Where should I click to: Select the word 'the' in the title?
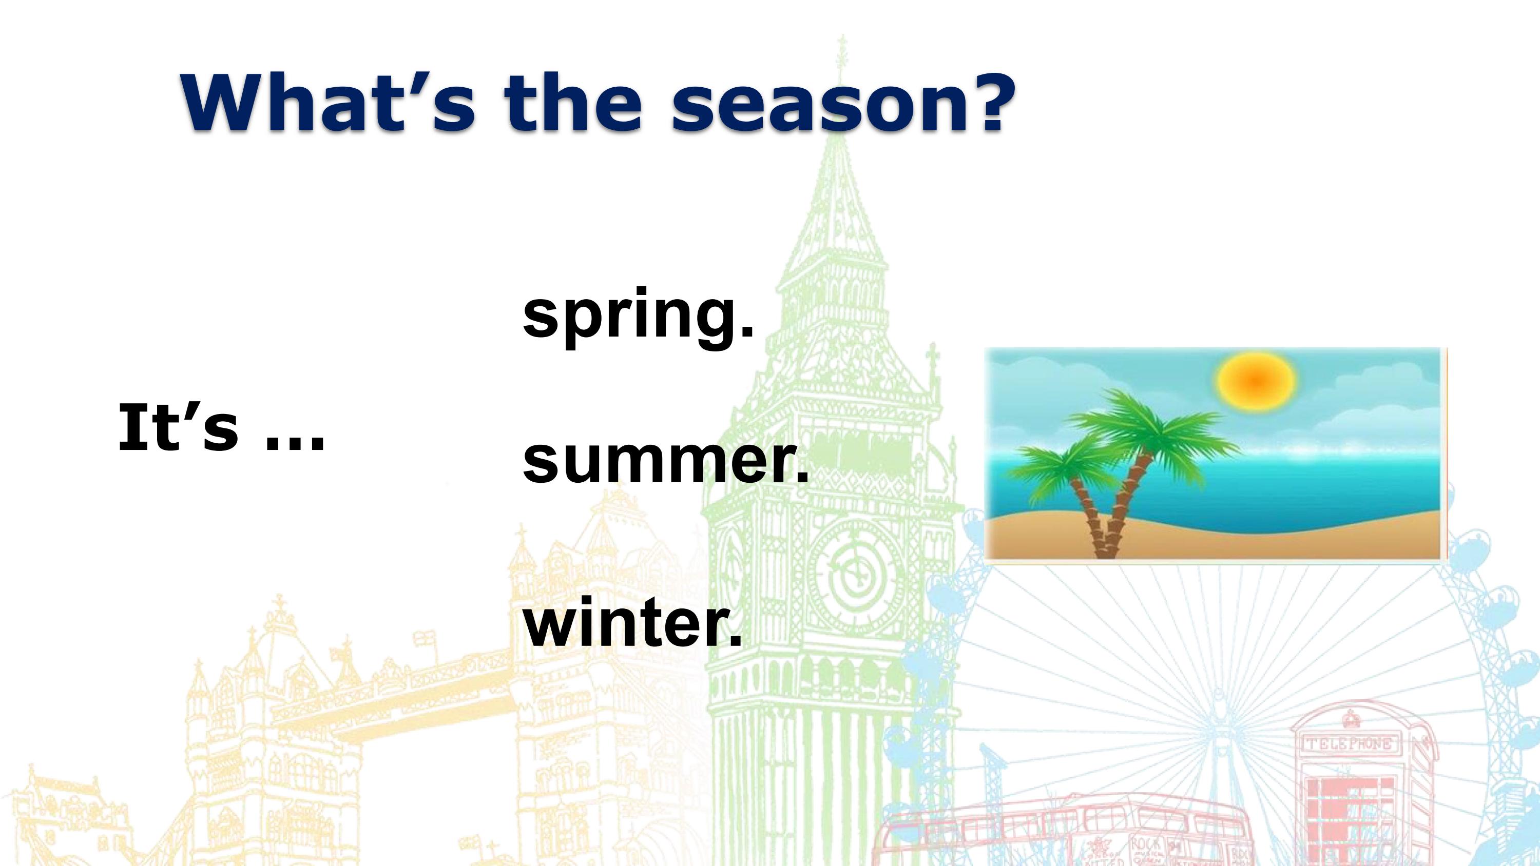tap(574, 102)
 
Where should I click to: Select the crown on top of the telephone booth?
tap(1350, 719)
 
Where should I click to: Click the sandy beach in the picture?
tap(1214, 541)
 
